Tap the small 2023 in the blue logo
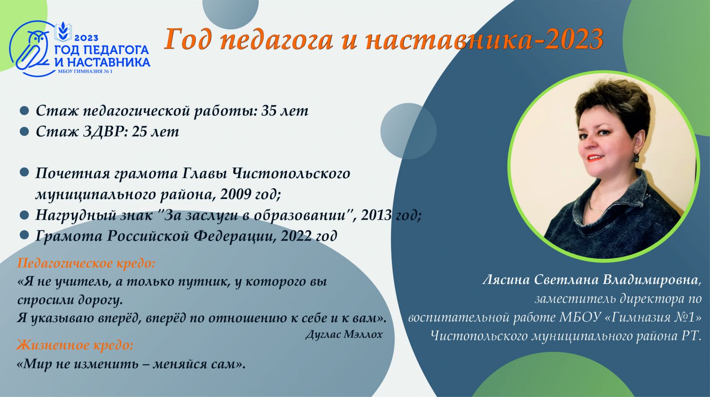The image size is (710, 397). (x=86, y=38)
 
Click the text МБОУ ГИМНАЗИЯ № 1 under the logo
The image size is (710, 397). (x=85, y=71)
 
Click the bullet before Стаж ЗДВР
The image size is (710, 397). (x=24, y=132)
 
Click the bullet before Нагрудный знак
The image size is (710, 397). (x=24, y=215)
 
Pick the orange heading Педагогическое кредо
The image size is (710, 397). (x=86, y=264)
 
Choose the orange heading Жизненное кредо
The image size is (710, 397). (x=75, y=345)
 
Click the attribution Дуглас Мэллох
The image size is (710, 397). (x=344, y=335)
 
